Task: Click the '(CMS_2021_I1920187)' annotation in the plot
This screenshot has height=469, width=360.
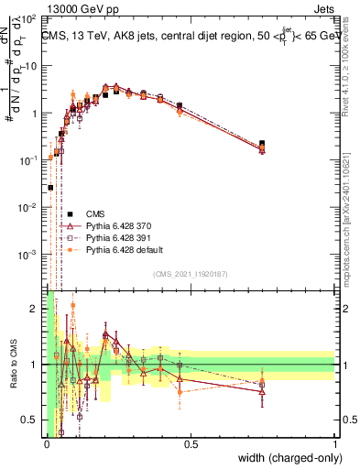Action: pyautogui.click(x=190, y=273)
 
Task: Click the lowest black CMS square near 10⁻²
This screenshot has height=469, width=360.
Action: pyautogui.click(x=50, y=187)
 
